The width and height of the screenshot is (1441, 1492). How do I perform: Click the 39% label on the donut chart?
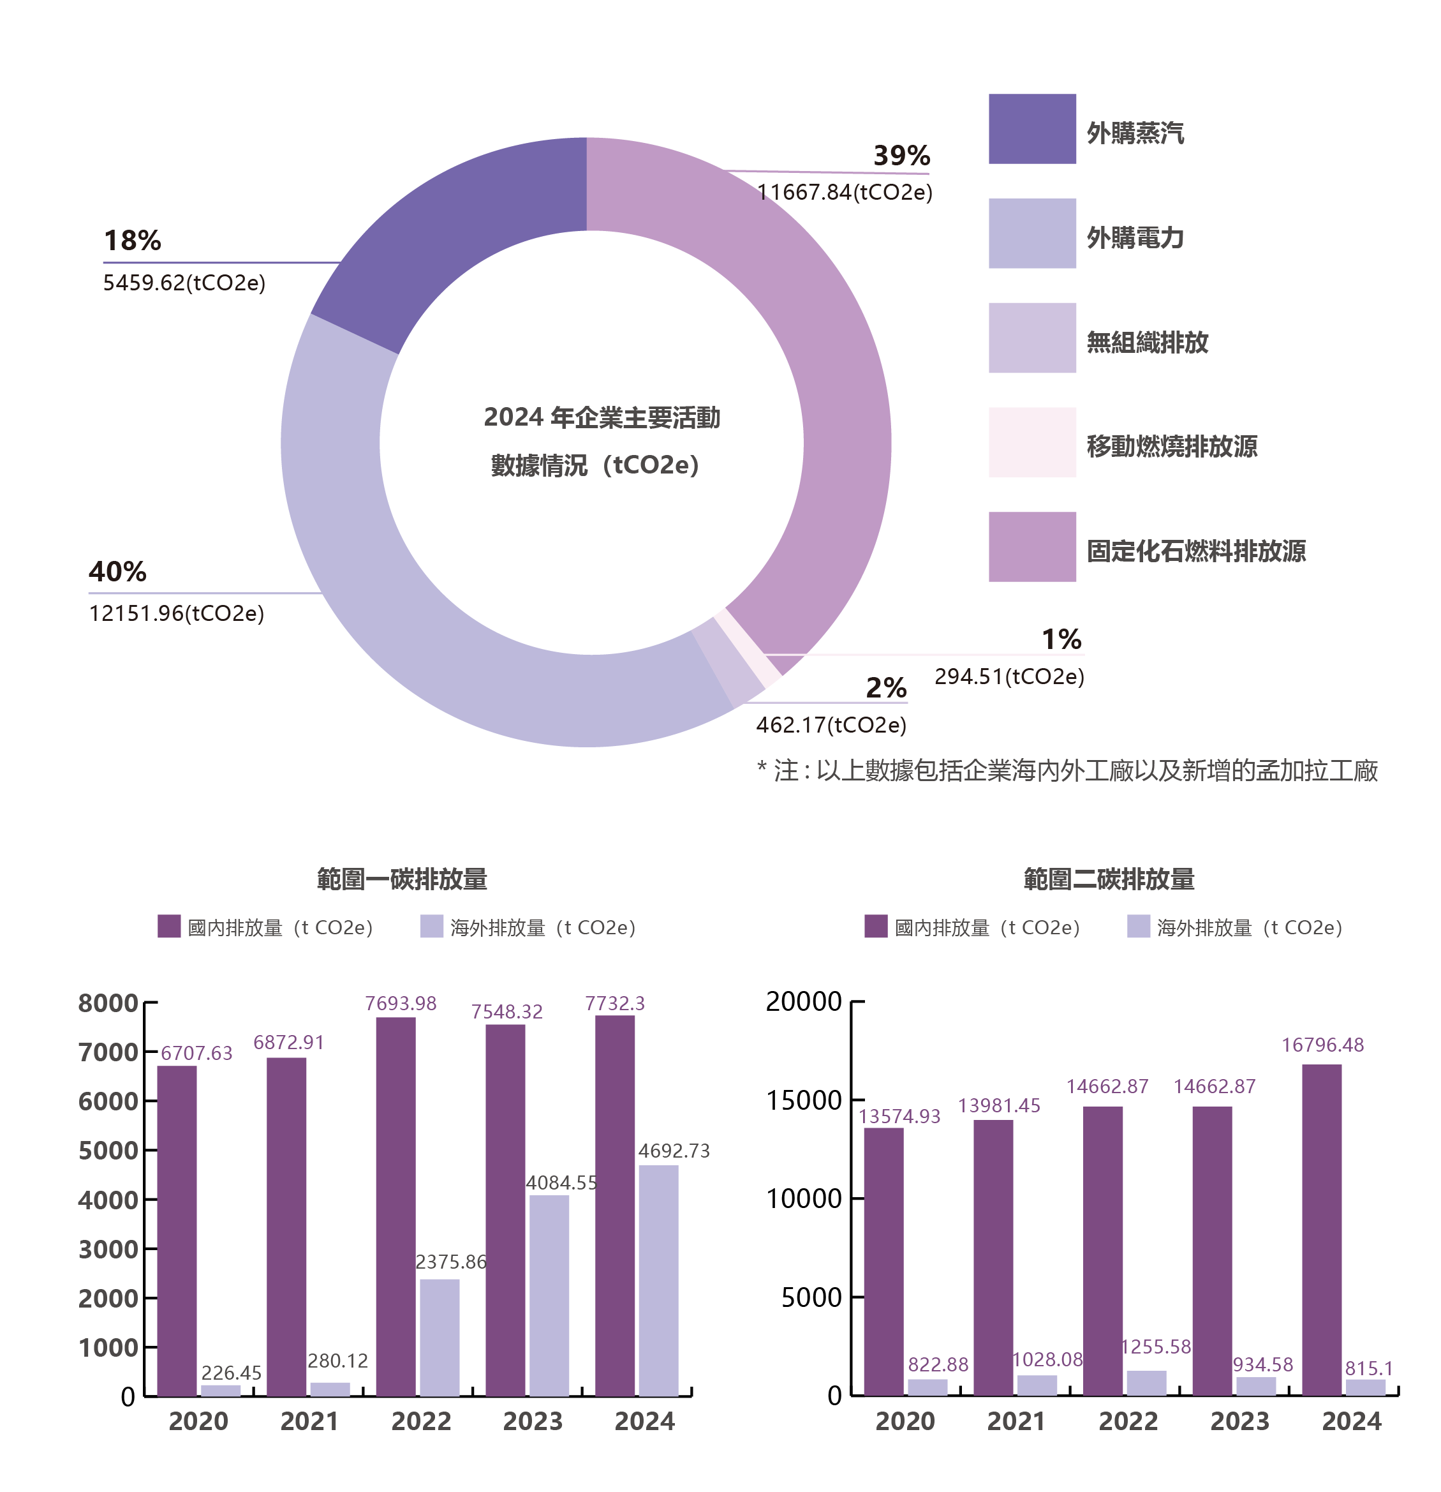click(x=901, y=156)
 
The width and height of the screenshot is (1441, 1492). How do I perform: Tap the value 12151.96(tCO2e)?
click(x=177, y=613)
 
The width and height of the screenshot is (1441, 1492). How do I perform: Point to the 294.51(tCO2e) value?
click(x=1009, y=676)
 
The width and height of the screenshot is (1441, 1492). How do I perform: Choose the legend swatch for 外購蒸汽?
click(x=1031, y=129)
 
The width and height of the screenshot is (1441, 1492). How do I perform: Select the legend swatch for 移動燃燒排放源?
click(x=1031, y=442)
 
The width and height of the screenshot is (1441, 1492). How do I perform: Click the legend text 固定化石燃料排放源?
click(x=1195, y=550)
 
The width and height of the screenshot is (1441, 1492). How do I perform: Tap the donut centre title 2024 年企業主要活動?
click(x=601, y=418)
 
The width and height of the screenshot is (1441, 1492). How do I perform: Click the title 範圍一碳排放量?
click(x=402, y=879)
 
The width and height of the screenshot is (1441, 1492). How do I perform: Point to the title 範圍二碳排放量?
click(x=1109, y=879)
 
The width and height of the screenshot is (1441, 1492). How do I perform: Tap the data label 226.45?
click(x=232, y=1373)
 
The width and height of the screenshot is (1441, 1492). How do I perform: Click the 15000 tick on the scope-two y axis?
click(x=804, y=1101)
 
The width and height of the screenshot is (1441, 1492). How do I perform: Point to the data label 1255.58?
click(x=1156, y=1347)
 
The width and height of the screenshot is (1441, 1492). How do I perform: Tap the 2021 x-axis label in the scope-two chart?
click(x=1016, y=1421)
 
